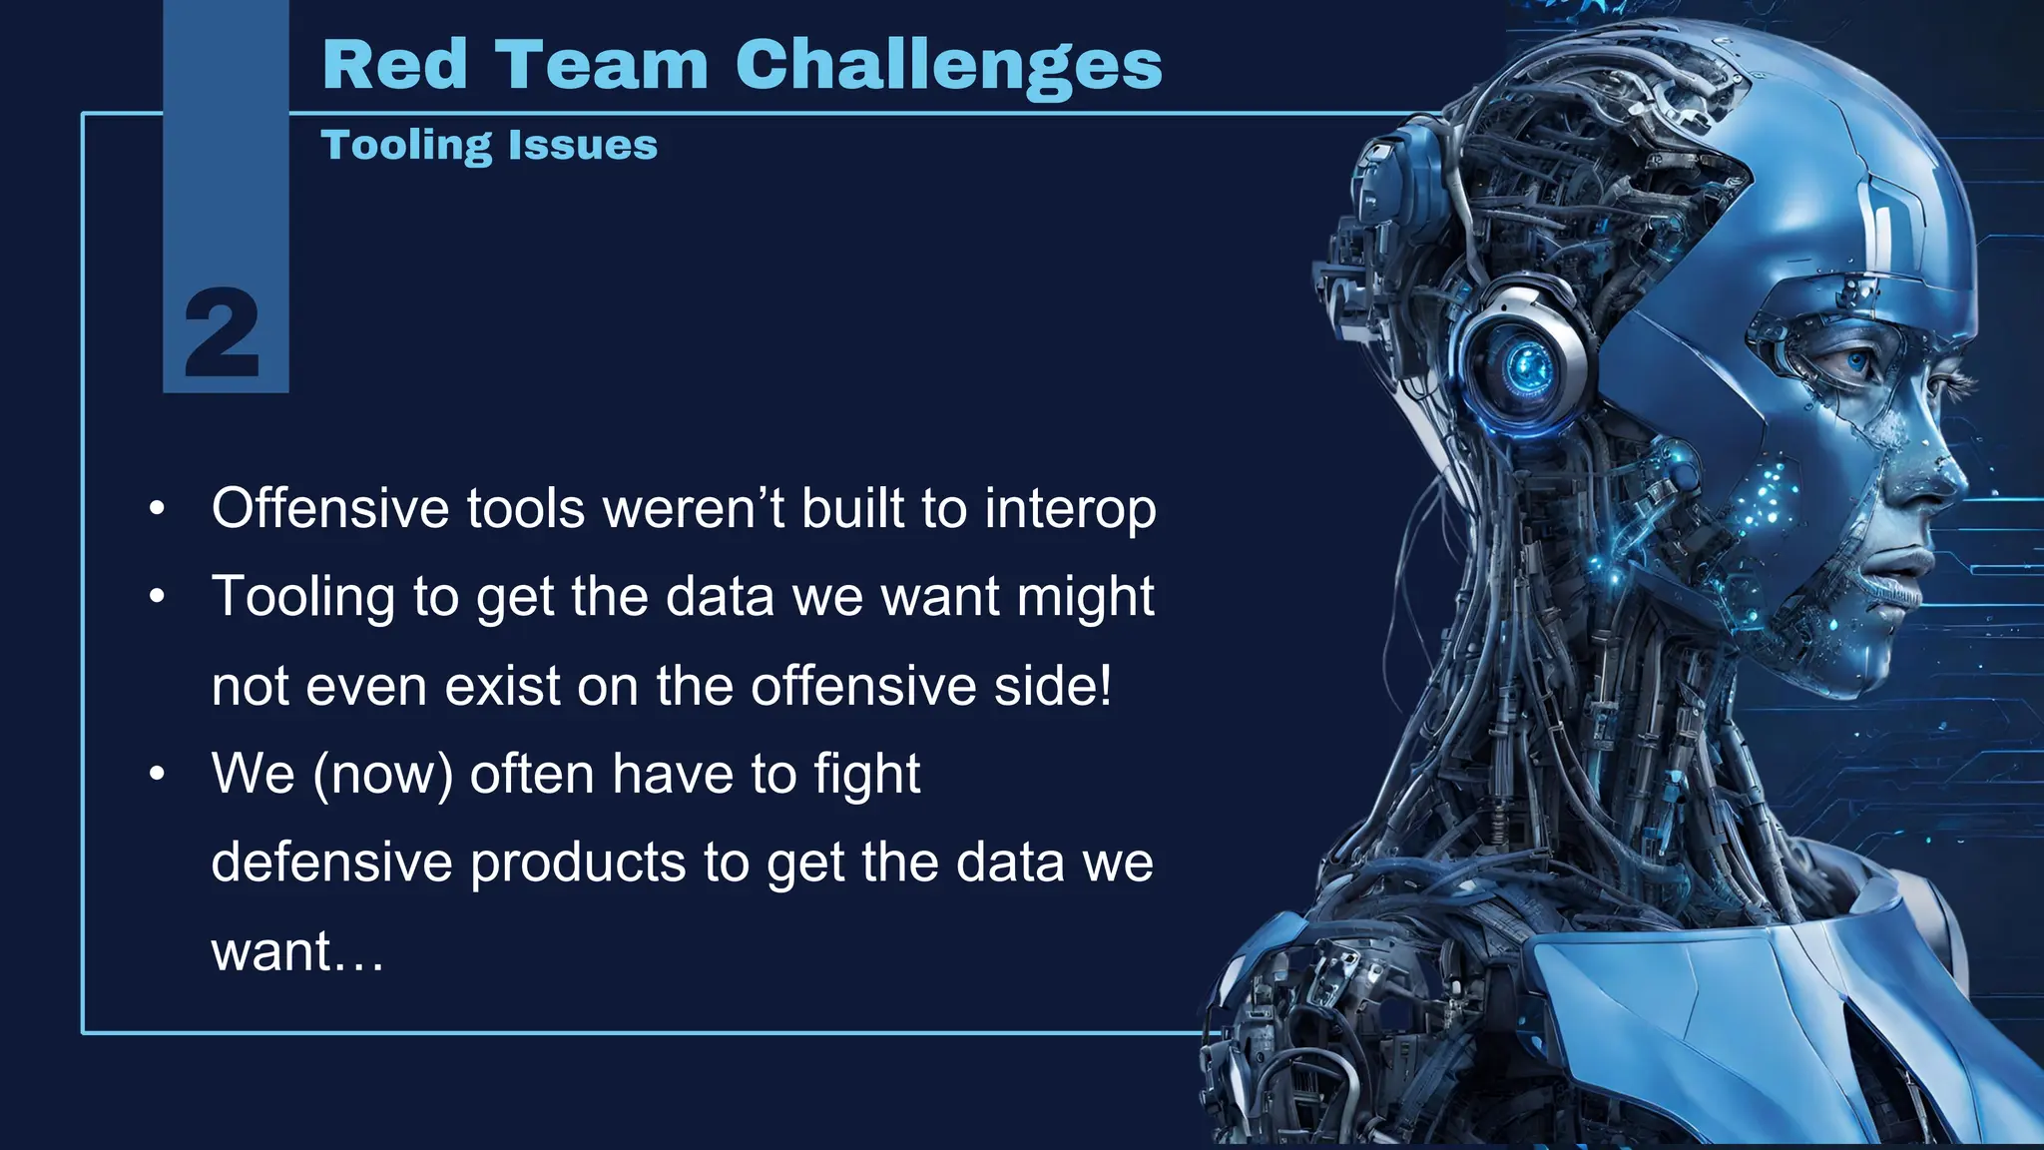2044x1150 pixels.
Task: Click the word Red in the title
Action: (395, 66)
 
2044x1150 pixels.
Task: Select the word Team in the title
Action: (601, 66)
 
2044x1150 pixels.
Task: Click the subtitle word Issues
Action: (583, 146)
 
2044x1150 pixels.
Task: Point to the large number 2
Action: (223, 333)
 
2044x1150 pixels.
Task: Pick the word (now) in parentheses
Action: (383, 775)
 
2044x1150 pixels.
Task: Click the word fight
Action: (866, 775)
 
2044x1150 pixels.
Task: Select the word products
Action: (578, 862)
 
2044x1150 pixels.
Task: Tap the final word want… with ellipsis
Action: (297, 951)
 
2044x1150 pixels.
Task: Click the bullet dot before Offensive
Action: (157, 509)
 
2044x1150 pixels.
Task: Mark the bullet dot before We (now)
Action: (157, 775)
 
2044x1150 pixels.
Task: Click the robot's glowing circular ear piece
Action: (1524, 365)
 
